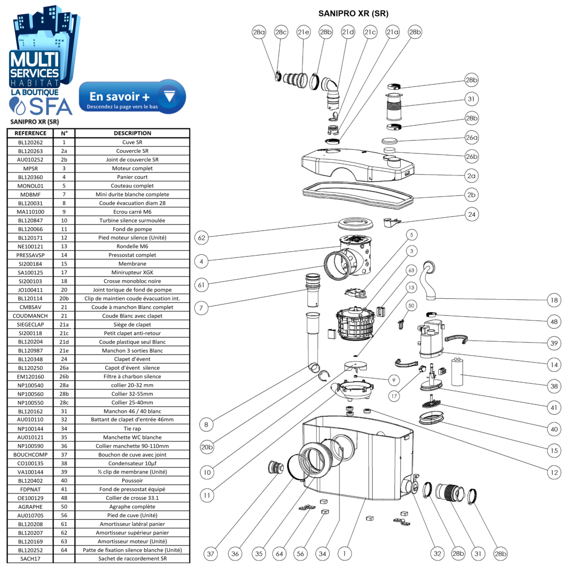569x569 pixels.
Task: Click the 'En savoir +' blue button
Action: tap(132, 97)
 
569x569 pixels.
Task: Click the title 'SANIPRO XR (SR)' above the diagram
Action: tap(353, 13)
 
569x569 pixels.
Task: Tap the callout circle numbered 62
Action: tap(202, 238)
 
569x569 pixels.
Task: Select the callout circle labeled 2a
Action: tap(471, 175)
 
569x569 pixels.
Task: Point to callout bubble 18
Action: tap(554, 300)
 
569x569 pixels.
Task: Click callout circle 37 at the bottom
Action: tap(211, 553)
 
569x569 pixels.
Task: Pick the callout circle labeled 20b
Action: tap(207, 447)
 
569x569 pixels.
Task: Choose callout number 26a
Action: tap(471, 138)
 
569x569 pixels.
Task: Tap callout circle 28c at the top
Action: tap(281, 32)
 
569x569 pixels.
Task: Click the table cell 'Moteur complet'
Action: tap(132, 168)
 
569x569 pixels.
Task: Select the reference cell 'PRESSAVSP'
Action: tap(30, 255)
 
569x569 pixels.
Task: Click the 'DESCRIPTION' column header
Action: tap(132, 133)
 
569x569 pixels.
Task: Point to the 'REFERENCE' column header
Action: tap(30, 133)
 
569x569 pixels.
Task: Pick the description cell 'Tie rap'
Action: tap(132, 429)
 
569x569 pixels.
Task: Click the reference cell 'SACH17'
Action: tap(30, 559)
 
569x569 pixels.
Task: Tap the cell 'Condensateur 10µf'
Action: tap(132, 463)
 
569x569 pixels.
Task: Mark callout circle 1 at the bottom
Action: tap(345, 553)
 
